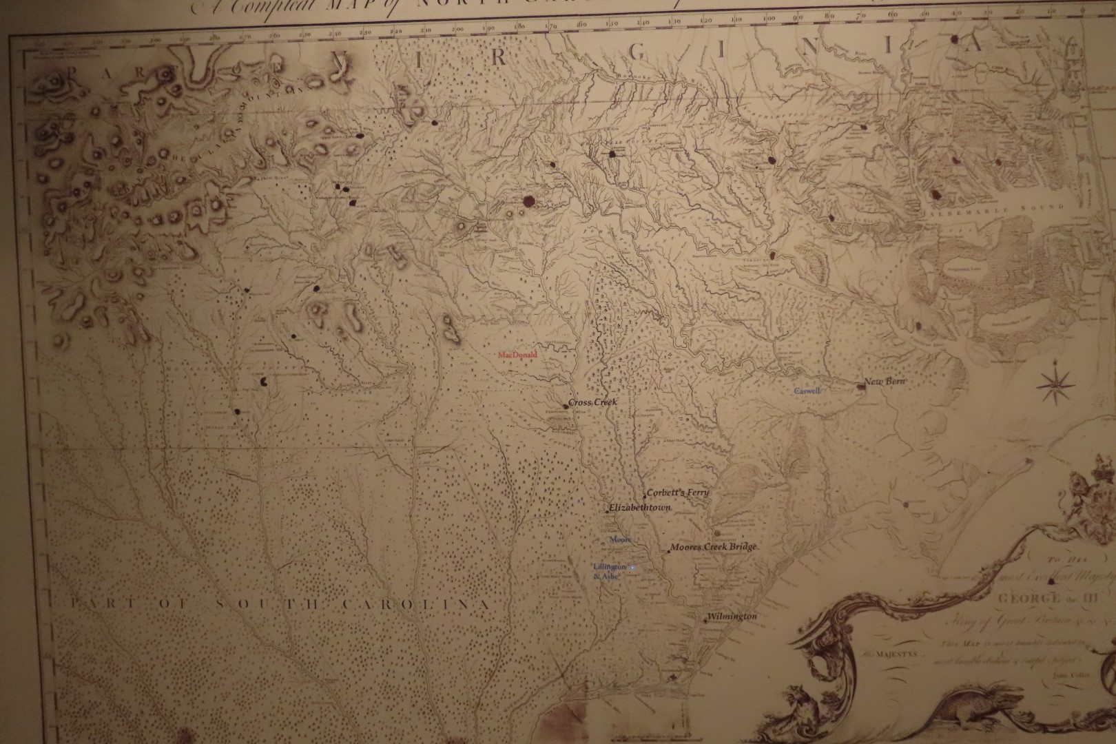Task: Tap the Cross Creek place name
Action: pos(594,402)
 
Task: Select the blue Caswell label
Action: pos(807,391)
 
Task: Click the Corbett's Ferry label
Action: pos(678,493)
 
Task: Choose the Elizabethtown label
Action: pos(640,508)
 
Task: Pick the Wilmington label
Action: pos(732,617)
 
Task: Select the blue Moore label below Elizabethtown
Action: pos(620,539)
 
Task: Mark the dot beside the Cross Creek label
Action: pos(566,406)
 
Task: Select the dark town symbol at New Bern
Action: pos(860,387)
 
